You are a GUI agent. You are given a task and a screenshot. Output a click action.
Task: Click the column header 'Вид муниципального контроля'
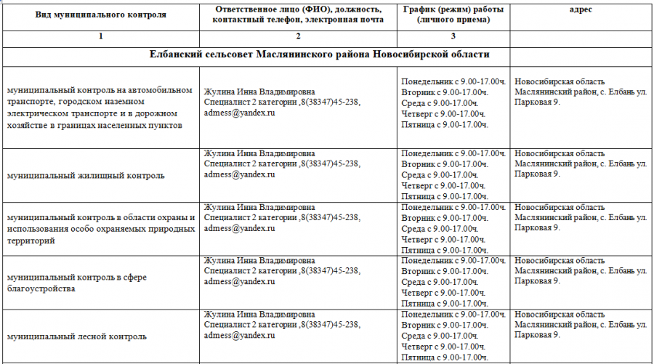click(100, 15)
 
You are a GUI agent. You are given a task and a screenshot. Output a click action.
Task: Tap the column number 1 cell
click(100, 36)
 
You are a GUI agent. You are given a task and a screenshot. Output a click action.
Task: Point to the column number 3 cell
click(453, 36)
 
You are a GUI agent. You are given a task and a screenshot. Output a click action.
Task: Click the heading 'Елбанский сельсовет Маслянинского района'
click(319, 54)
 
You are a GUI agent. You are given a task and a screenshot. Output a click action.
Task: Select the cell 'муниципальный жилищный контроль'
click(85, 175)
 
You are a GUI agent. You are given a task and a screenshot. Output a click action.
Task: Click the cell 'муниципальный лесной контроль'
click(76, 336)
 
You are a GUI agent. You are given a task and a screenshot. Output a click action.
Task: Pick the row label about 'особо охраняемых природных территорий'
click(100, 229)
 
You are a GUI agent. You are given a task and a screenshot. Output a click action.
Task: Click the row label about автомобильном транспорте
click(100, 108)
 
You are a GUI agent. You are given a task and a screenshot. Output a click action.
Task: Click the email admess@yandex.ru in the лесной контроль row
click(239, 336)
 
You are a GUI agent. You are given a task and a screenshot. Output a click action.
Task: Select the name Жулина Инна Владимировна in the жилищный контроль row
click(259, 153)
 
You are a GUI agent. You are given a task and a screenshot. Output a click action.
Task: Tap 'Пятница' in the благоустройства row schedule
click(419, 303)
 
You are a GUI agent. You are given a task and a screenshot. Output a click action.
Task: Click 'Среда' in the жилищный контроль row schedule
click(413, 175)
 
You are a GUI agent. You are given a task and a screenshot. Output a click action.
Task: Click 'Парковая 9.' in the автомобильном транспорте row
click(537, 103)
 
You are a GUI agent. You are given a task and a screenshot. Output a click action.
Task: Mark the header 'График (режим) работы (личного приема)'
click(453, 15)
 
